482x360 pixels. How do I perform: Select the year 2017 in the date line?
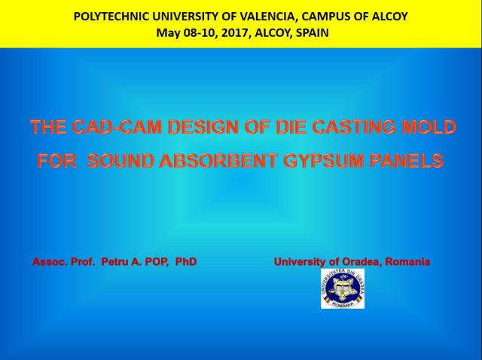(x=234, y=32)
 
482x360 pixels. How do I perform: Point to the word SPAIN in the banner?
(x=312, y=32)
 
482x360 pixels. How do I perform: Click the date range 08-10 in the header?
(x=200, y=32)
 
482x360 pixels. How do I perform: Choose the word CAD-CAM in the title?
(x=118, y=127)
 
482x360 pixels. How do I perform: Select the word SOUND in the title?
(x=120, y=160)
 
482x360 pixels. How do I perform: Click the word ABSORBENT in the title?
(x=218, y=160)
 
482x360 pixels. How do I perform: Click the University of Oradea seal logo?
(x=343, y=288)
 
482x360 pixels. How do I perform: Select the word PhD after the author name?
(x=186, y=261)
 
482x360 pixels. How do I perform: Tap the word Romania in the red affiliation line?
(x=407, y=261)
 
